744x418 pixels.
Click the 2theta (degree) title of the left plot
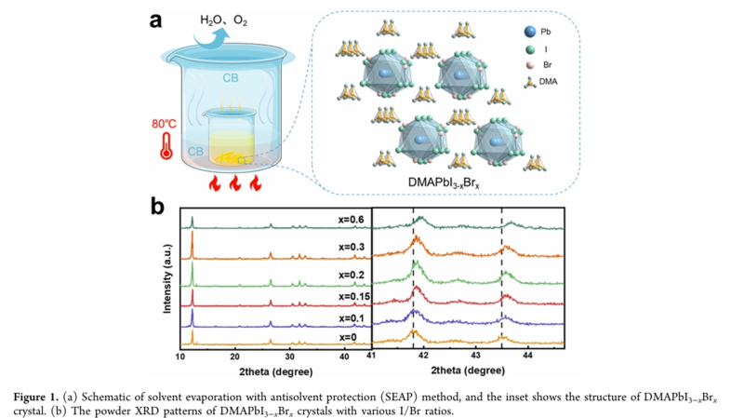pos(276,370)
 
